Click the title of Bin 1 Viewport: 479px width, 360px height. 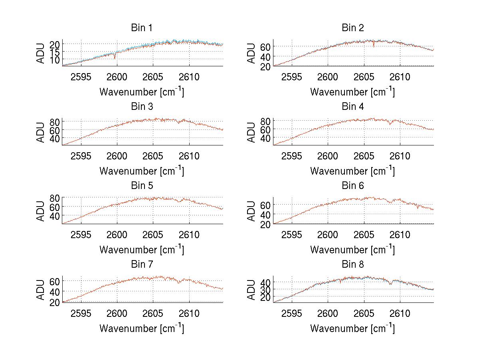(x=142, y=28)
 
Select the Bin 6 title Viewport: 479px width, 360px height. (x=353, y=186)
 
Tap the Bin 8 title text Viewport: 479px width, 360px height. (x=353, y=265)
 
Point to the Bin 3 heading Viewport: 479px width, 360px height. (x=142, y=107)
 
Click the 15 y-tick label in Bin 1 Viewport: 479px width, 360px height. (x=55, y=52)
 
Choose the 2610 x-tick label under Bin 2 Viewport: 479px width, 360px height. (x=400, y=77)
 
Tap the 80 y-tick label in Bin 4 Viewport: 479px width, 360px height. (x=265, y=121)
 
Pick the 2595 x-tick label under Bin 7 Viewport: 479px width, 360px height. (x=81, y=313)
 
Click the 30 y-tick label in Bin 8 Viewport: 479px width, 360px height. (x=265, y=290)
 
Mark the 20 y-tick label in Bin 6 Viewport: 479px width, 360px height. (x=265, y=225)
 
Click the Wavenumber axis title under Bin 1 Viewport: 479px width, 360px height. (x=142, y=91)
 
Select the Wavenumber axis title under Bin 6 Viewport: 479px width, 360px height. (x=352, y=249)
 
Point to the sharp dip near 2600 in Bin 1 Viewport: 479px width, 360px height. (x=115, y=58)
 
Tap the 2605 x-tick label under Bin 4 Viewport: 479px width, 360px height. (x=364, y=156)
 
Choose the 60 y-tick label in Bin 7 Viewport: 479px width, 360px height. (x=55, y=281)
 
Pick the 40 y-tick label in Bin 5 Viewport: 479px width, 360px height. (x=55, y=216)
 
